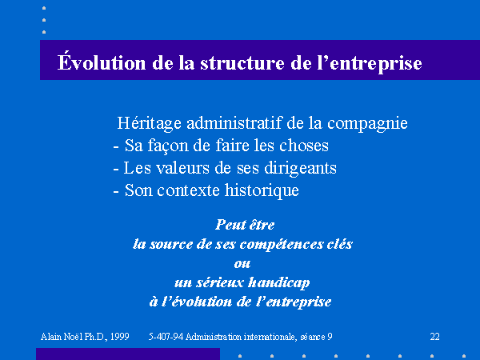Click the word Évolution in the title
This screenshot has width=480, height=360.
click(102, 62)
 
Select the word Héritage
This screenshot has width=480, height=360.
click(150, 123)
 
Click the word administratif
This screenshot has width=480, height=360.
click(234, 123)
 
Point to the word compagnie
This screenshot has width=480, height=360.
click(367, 124)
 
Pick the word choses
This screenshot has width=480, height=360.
click(304, 146)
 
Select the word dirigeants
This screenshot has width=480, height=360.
click(300, 168)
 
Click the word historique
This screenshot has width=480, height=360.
click(262, 190)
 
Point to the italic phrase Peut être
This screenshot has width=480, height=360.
click(245, 225)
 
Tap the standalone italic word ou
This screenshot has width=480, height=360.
click(242, 264)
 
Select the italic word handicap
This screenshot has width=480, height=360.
click(278, 283)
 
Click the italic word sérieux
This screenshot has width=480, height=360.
click(220, 282)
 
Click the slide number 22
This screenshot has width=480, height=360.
click(434, 337)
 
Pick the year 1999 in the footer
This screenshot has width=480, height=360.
click(119, 337)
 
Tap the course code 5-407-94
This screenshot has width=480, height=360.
click(166, 337)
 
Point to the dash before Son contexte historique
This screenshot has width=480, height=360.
click(116, 192)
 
